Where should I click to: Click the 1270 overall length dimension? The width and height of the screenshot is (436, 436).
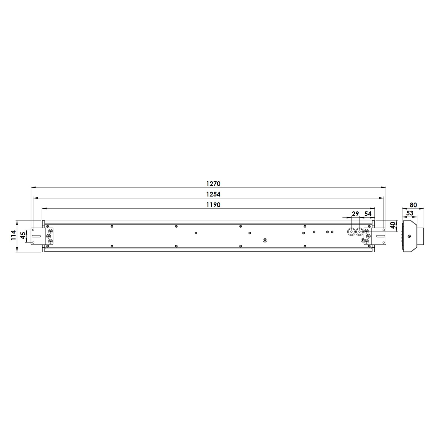[213, 184]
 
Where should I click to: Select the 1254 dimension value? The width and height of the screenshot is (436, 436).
[213, 194]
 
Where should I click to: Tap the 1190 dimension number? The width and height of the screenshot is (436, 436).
[213, 205]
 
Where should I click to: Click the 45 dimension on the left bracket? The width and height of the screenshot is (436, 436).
[23, 235]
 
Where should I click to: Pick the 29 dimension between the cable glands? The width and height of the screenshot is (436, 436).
[355, 214]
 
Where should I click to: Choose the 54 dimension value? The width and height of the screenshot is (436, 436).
[368, 214]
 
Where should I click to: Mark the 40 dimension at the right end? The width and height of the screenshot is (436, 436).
[393, 225]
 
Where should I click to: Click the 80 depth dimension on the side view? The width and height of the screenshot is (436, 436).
[413, 205]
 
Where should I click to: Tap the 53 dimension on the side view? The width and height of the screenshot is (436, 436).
[410, 213]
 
